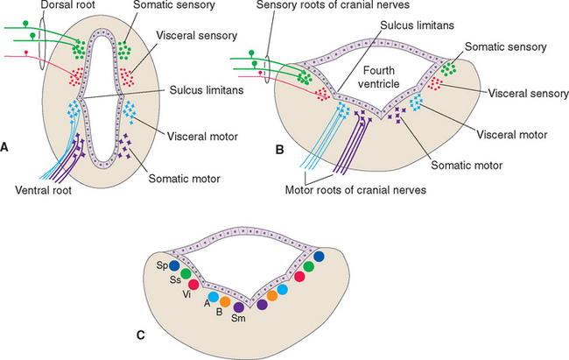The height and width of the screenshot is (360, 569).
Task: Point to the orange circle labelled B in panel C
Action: click(x=225, y=302)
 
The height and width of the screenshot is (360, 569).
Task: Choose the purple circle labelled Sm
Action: click(x=238, y=307)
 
